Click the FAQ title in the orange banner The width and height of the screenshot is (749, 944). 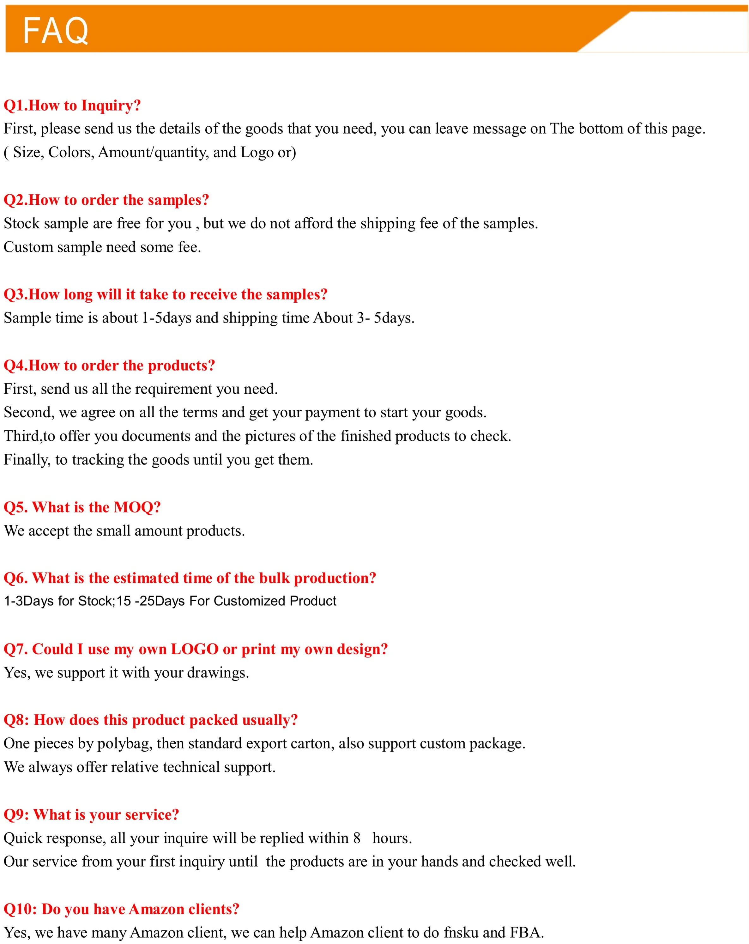pyautogui.click(x=56, y=31)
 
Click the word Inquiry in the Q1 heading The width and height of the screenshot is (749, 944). pyautogui.click(x=111, y=106)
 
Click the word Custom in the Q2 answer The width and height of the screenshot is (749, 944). pyautogui.click(x=28, y=247)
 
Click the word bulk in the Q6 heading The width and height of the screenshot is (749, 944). pyautogui.click(x=275, y=578)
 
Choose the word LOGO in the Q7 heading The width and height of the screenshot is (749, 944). pyautogui.click(x=194, y=649)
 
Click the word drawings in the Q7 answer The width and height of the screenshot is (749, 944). pyautogui.click(x=218, y=673)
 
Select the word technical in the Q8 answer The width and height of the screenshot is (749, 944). pyautogui.click(x=191, y=767)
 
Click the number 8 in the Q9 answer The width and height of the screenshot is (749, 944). pyautogui.click(x=357, y=838)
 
